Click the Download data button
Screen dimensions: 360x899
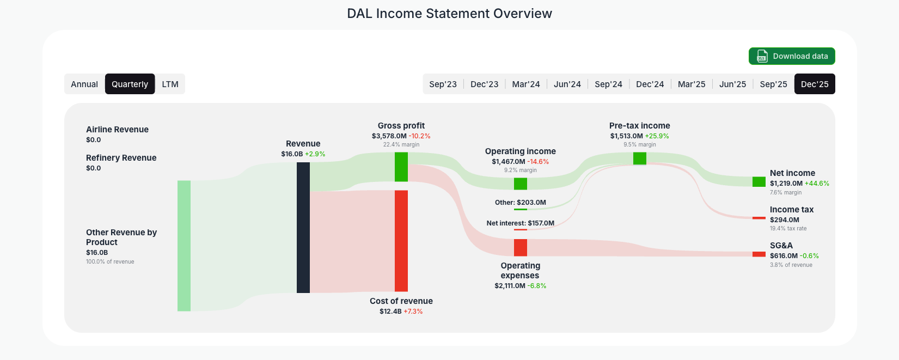(x=791, y=56)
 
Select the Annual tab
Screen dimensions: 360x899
(x=84, y=84)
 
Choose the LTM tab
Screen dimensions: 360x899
(x=170, y=84)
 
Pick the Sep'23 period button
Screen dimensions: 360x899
(x=443, y=84)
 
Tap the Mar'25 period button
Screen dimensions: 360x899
(x=691, y=84)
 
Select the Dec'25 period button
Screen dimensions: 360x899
(x=814, y=84)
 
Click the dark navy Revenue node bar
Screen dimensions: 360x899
(x=303, y=227)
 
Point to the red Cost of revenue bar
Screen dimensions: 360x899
(x=401, y=240)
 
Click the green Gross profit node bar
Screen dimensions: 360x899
(x=401, y=167)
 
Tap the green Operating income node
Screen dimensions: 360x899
(x=521, y=184)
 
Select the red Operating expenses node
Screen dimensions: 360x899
(x=521, y=247)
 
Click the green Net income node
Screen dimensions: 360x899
(x=759, y=181)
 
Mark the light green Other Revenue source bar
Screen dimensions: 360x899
(x=184, y=246)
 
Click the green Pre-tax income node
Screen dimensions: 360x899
(x=640, y=158)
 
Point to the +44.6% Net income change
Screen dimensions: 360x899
(x=817, y=184)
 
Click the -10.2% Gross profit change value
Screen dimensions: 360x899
(x=419, y=136)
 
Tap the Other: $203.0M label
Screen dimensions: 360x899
(x=520, y=203)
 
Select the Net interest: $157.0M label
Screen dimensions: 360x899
(x=520, y=223)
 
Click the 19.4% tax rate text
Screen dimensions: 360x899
(x=788, y=229)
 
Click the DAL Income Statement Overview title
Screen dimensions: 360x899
(x=449, y=14)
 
